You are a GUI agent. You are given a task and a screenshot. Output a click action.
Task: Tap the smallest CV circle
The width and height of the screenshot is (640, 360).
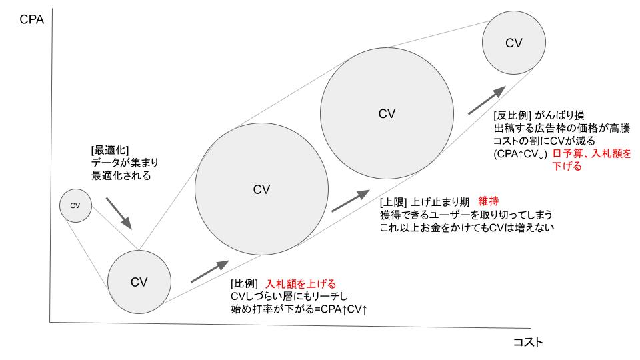click(x=75, y=205)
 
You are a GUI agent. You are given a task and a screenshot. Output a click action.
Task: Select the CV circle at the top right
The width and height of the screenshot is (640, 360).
click(x=513, y=43)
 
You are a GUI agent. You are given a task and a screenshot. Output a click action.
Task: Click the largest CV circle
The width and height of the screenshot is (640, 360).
click(x=261, y=189)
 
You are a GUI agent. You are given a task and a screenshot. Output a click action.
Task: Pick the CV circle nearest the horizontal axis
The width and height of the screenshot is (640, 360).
click(x=139, y=281)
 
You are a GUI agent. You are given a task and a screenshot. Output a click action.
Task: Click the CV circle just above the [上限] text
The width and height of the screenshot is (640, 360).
click(x=387, y=113)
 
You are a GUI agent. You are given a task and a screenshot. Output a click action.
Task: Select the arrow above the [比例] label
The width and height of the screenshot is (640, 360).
click(x=208, y=271)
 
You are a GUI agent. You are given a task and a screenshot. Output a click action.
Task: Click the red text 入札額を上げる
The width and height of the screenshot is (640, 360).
click(x=301, y=283)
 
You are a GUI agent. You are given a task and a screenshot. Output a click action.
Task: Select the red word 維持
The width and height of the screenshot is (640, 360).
click(x=489, y=201)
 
